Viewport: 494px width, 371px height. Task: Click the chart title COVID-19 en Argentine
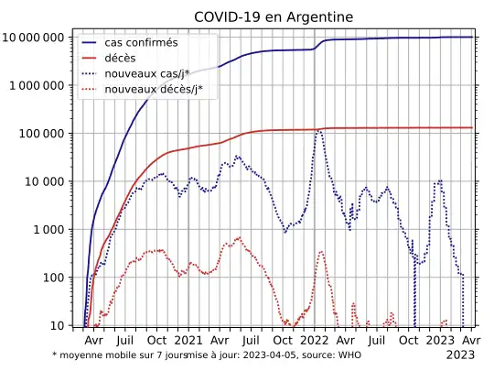[274, 16]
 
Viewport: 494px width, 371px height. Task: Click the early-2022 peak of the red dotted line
[321, 251]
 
